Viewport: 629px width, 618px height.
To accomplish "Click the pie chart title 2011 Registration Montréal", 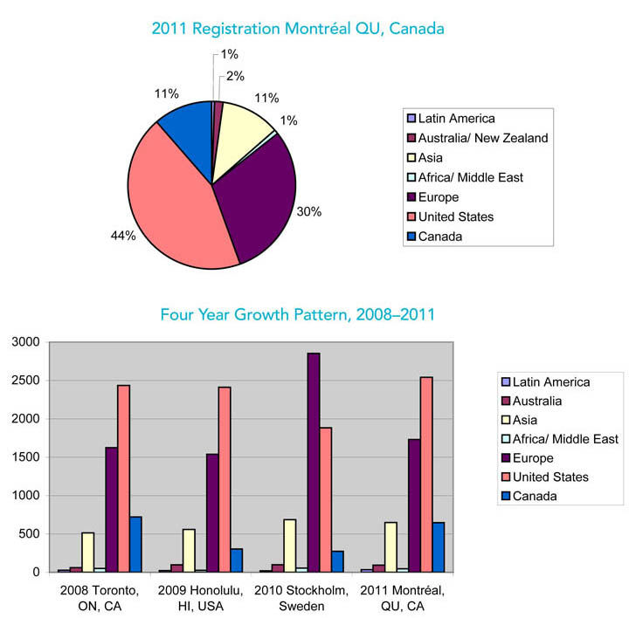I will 297,29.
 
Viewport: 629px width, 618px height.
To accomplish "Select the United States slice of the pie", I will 175,209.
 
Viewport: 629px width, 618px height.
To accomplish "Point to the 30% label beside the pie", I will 309,210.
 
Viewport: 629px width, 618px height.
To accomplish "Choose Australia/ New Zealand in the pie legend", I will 482,138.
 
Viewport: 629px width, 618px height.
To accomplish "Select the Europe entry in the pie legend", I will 439,197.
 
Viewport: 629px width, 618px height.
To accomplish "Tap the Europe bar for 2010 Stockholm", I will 313,463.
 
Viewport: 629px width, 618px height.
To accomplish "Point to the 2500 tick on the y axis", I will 24,381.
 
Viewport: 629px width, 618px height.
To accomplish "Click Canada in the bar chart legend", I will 534,496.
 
